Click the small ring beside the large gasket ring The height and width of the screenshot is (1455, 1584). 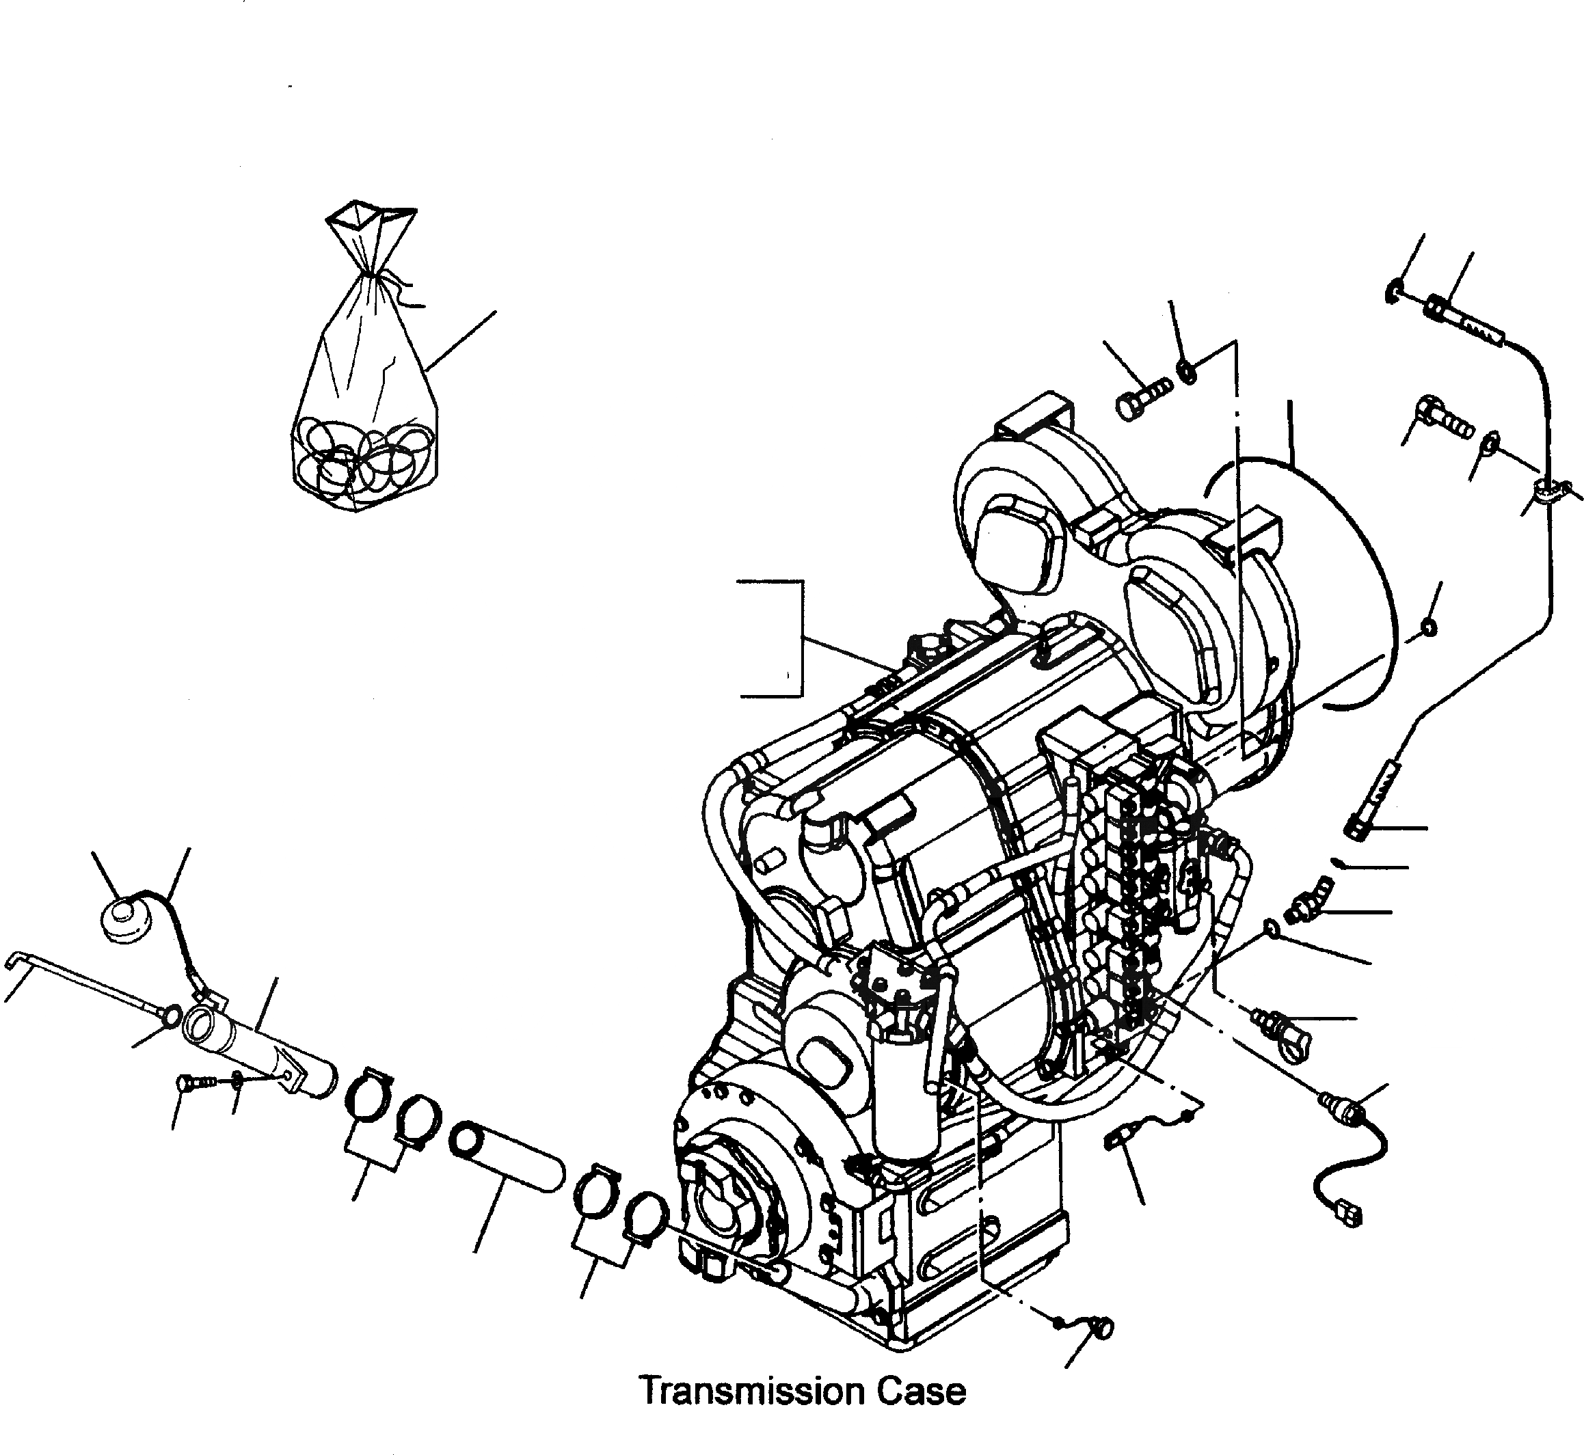click(1427, 627)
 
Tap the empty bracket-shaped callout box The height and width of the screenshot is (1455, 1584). click(772, 638)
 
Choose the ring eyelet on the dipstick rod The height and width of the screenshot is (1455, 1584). click(167, 1015)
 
